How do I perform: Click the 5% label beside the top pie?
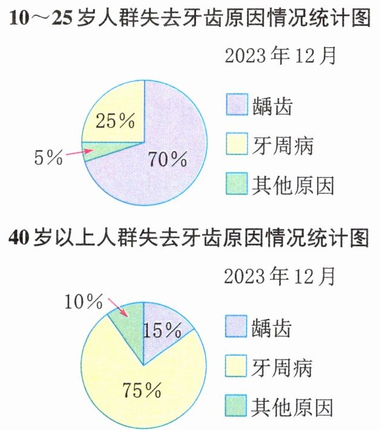point(48,158)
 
